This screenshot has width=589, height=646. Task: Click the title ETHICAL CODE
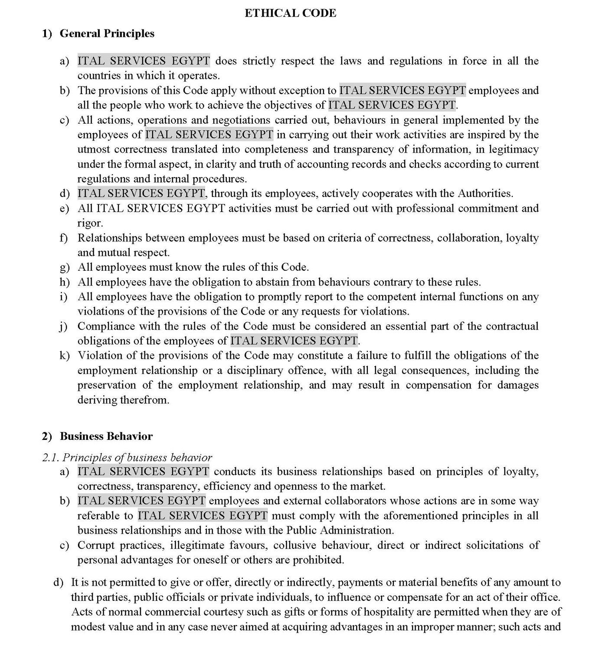(290, 13)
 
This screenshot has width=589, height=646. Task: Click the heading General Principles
(107, 33)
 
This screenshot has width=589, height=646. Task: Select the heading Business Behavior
(106, 436)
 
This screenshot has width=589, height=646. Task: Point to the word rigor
(89, 223)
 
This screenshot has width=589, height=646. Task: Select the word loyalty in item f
(522, 238)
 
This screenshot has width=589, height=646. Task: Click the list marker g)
(65, 267)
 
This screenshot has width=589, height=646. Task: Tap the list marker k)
(65, 356)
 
